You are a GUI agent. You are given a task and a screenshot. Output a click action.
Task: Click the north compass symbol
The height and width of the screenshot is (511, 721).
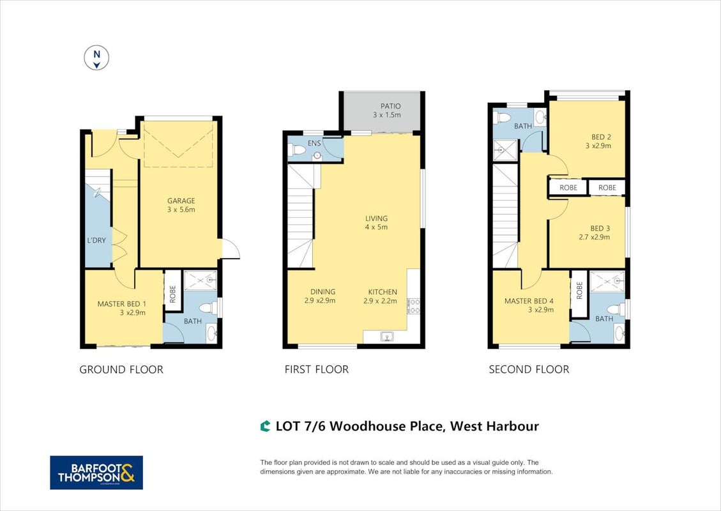pyautogui.click(x=96, y=58)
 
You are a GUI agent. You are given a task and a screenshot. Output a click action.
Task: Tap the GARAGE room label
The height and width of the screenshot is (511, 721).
pyautogui.click(x=181, y=201)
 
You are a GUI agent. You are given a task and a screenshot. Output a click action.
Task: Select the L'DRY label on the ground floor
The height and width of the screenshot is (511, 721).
pyautogui.click(x=96, y=240)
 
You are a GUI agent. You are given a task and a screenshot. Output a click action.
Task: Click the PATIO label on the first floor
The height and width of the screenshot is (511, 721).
pyautogui.click(x=390, y=106)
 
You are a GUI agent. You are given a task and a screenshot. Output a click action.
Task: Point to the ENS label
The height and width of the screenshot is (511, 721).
pyautogui.click(x=314, y=144)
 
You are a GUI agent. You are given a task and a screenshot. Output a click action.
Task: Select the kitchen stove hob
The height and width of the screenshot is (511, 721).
pyautogui.click(x=413, y=307)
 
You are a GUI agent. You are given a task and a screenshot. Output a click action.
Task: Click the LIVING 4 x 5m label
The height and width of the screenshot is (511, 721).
pyautogui.click(x=377, y=223)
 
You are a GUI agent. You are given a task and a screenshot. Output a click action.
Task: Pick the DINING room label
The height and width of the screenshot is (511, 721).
pyautogui.click(x=323, y=292)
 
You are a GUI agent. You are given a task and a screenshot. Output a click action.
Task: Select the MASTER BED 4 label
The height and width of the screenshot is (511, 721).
pyautogui.click(x=529, y=301)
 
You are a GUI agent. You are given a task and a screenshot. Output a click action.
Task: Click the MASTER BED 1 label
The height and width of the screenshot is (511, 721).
pyautogui.click(x=122, y=304)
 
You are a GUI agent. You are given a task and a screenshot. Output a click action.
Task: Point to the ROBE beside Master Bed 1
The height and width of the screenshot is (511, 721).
pyautogui.click(x=173, y=294)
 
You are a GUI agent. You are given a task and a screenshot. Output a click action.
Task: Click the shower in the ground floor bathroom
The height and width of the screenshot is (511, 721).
pyautogui.click(x=201, y=280)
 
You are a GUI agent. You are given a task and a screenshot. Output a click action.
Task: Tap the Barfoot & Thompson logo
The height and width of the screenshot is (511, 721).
pyautogui.click(x=96, y=473)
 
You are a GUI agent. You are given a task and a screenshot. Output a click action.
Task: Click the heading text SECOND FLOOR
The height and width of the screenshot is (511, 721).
pyautogui.click(x=529, y=369)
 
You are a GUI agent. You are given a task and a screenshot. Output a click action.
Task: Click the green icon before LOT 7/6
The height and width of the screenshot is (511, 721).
pyautogui.click(x=265, y=427)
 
